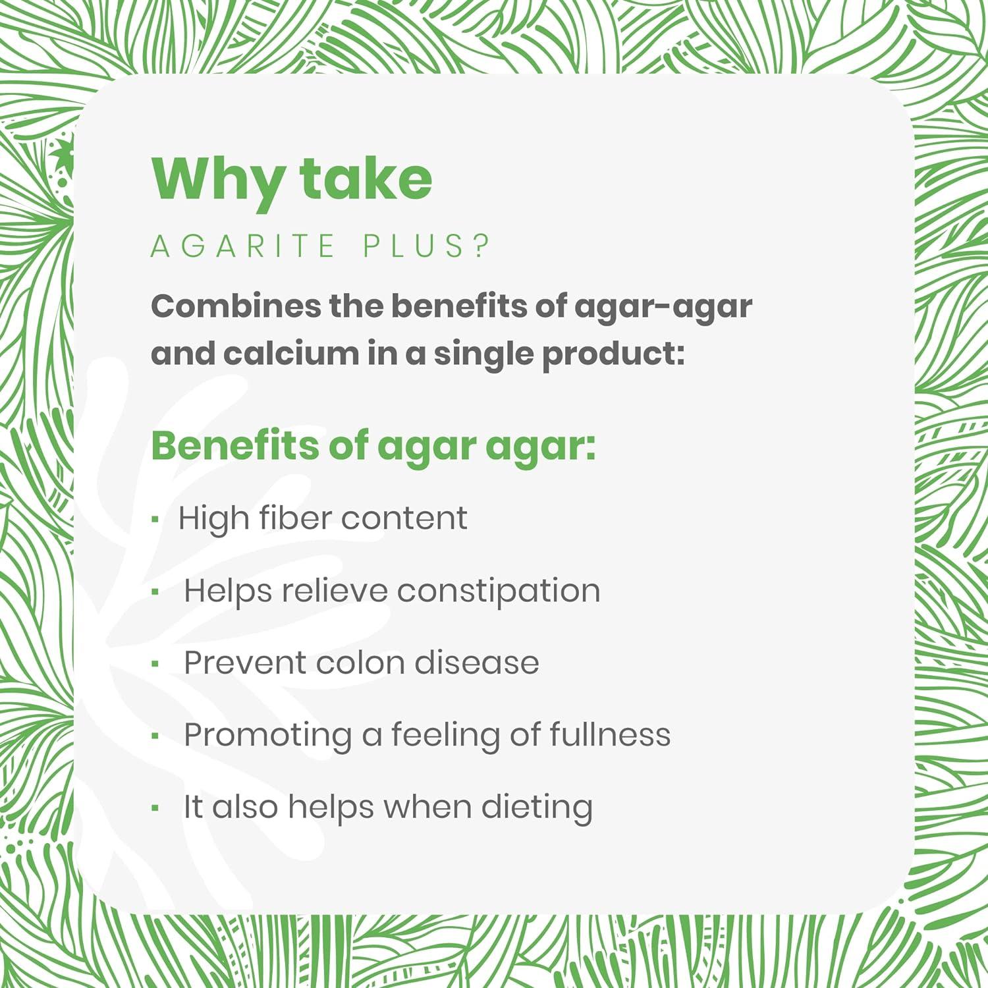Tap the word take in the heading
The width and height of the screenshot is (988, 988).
366,179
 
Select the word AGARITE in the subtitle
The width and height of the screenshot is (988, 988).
243,246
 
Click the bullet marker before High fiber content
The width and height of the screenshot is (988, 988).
155,520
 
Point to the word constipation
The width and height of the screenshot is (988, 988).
499,591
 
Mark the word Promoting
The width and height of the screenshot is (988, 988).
268,736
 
